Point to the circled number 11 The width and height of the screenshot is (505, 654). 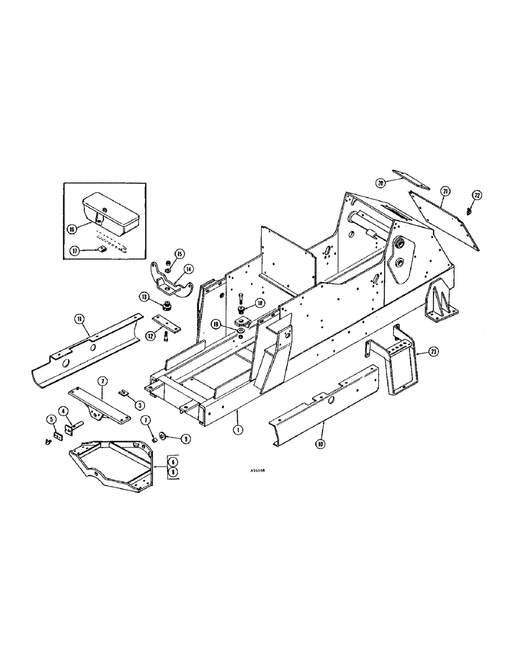[x=80, y=318]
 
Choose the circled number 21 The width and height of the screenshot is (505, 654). [x=445, y=190]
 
